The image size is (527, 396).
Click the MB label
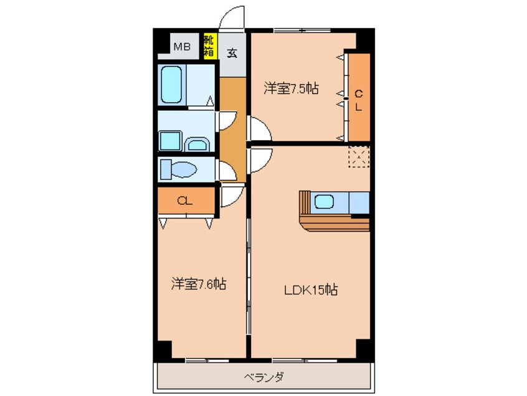pos(182,45)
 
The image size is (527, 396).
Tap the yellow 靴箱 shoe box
pos(209,45)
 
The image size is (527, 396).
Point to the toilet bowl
pos(186,168)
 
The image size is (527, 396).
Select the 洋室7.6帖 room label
pos(199,285)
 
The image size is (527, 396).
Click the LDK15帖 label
pos(311,290)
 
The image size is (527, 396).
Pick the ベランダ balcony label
pos(263,377)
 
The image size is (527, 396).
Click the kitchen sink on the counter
pos(324,202)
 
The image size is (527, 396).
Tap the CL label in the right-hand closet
pos(359,100)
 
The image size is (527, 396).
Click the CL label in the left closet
pos(184,200)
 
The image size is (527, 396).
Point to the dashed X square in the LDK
pos(359,157)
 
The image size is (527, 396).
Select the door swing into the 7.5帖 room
pos(259,130)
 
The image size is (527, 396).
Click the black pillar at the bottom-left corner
pos(163,351)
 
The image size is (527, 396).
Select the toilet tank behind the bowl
pos(165,168)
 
